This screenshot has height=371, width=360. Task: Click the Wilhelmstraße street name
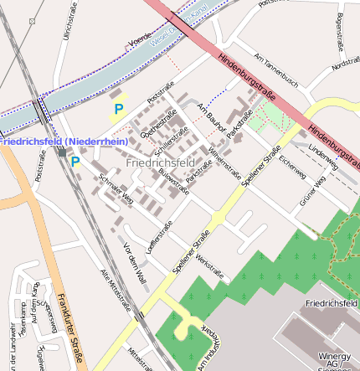(224, 158)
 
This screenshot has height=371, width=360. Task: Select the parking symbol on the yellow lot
(118, 109)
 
